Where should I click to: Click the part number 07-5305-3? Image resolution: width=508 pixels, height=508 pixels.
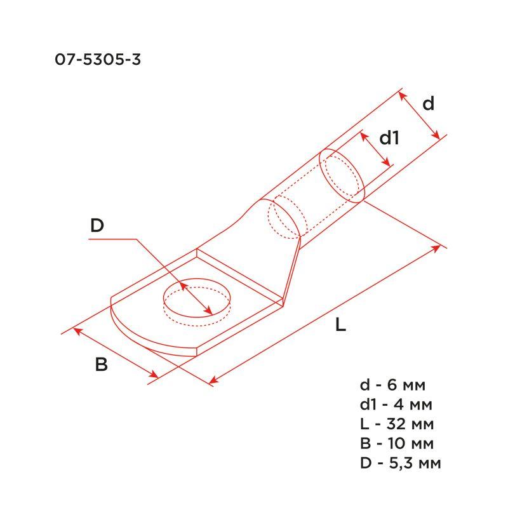[98, 60]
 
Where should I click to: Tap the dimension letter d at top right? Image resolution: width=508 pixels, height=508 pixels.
[429, 104]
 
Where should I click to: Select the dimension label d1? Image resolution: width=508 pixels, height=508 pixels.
[388, 138]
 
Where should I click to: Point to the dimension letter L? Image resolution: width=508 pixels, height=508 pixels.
[341, 326]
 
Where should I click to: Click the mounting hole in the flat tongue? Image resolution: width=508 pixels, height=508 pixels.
[197, 300]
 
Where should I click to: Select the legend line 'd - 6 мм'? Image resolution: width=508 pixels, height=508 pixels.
[392, 385]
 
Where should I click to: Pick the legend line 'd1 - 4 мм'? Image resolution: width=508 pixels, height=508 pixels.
[396, 404]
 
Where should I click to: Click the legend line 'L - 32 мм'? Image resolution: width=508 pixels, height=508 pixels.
[396, 424]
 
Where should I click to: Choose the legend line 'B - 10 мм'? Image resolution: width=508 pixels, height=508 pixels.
[396, 443]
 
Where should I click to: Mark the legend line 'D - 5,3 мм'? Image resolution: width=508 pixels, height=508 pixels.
[400, 462]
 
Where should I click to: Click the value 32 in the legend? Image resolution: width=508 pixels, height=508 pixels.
[399, 424]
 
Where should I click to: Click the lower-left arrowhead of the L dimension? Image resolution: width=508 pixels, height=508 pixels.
[212, 381]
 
